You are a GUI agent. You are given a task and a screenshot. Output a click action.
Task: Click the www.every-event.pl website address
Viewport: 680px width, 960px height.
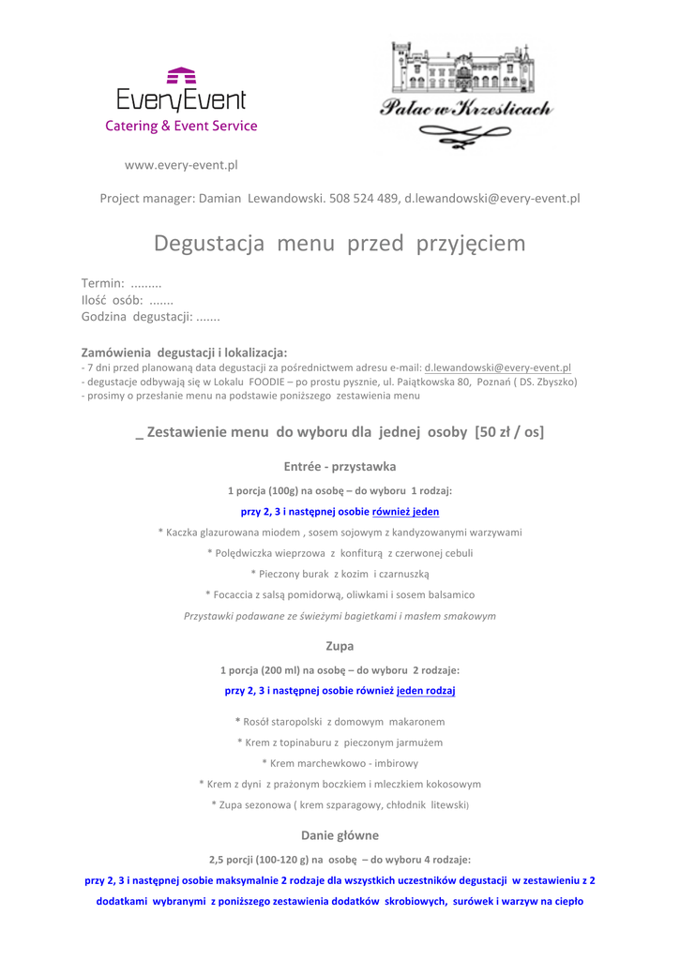(181, 165)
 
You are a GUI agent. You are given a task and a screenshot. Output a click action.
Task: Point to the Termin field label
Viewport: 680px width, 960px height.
(103, 283)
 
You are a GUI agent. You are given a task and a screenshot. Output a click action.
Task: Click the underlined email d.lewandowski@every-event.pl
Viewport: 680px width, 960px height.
(498, 367)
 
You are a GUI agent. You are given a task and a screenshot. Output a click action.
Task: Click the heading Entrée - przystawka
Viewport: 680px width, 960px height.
(340, 466)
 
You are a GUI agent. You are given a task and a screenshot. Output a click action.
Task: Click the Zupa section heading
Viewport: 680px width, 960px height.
(340, 646)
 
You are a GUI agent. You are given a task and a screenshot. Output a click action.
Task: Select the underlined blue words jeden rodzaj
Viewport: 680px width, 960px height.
(426, 691)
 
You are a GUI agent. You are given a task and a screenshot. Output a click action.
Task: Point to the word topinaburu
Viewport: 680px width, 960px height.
(293, 742)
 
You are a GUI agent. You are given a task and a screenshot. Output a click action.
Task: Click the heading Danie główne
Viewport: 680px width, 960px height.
(340, 834)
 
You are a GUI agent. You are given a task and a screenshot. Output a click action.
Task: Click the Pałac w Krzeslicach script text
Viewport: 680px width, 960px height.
(466, 110)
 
